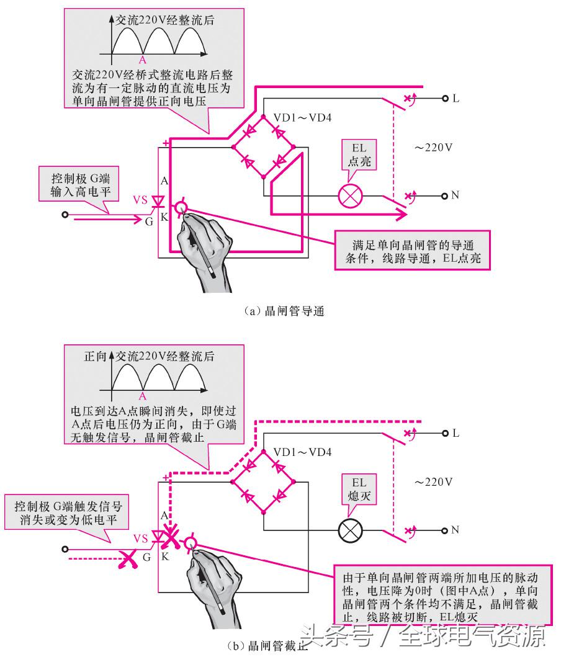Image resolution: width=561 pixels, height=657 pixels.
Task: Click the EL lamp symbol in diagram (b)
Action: click(350, 532)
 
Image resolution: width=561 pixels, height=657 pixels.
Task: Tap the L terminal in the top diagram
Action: click(445, 99)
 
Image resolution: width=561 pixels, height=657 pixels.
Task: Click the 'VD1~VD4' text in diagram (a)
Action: click(303, 117)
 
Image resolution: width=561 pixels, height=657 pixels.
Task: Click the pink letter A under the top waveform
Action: click(143, 60)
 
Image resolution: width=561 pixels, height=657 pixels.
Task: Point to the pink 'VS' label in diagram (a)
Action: click(141, 200)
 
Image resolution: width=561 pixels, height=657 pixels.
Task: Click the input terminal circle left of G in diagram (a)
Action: click(65, 215)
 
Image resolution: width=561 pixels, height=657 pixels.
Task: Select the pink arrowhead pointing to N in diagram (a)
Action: click(401, 215)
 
